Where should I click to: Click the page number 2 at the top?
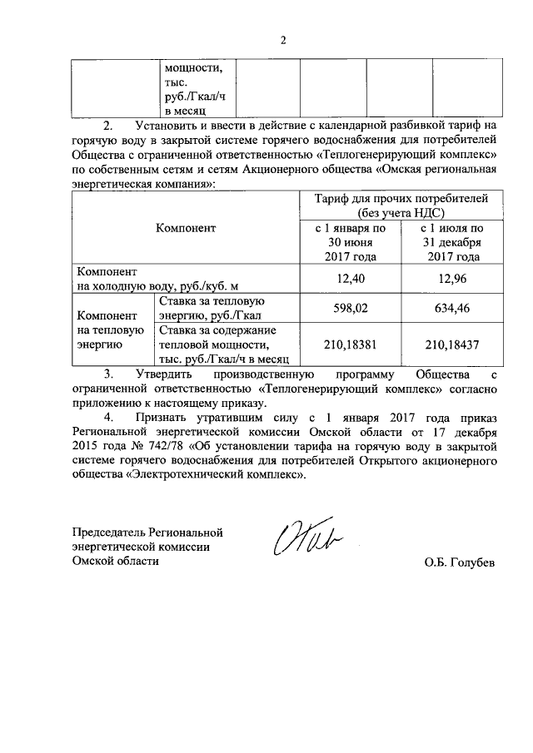coord(283,39)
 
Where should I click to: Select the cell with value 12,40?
coord(350,279)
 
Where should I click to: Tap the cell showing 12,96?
coord(450,279)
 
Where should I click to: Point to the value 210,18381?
coord(350,343)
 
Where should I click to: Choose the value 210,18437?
coord(450,343)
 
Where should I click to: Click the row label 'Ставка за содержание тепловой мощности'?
coord(222,343)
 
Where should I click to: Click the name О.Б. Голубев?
coord(459,562)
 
